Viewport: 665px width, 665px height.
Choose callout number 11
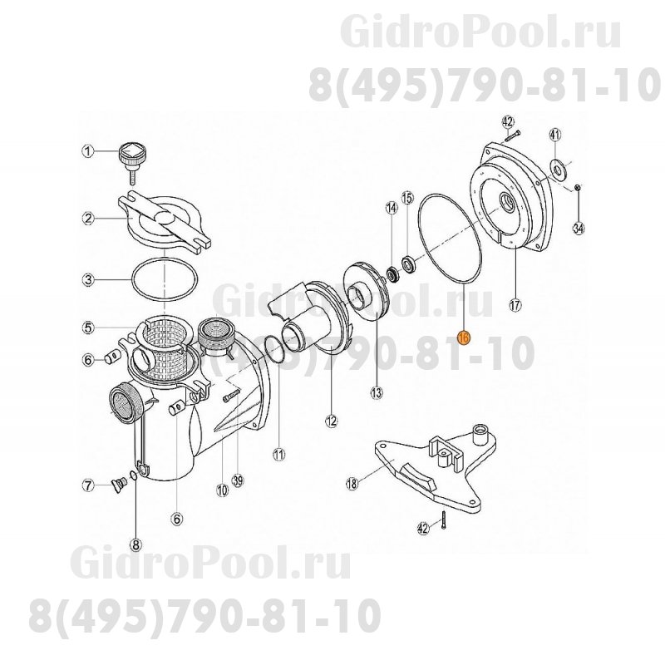pos(278,454)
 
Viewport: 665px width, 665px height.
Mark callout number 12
pos(332,421)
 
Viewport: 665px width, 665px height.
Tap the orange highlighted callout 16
pos(464,337)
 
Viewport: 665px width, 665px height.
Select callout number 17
pos(515,304)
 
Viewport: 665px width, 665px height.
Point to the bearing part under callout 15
pos(409,265)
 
